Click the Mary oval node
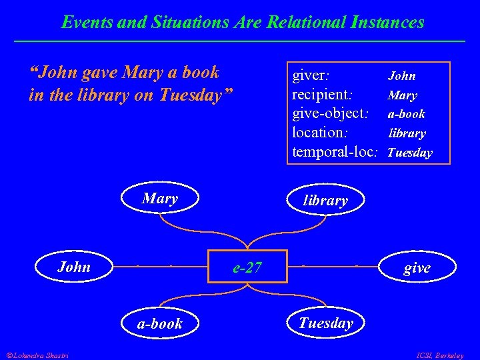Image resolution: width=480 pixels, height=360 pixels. coord(160,199)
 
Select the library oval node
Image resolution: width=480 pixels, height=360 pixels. coord(325,200)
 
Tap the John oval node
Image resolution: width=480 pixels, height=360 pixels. coord(73,267)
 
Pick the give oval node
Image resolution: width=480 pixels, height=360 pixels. coord(417,268)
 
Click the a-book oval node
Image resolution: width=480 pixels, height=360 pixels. coord(160,324)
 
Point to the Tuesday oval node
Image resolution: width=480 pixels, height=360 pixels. coord(325,323)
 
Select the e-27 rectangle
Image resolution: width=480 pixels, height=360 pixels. coord(247,268)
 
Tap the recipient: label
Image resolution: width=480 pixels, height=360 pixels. coord(322,94)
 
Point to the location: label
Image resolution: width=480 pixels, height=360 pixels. coord(322,133)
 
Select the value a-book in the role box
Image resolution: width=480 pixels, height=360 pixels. coord(407,114)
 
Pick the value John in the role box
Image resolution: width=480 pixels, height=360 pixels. coord(402,76)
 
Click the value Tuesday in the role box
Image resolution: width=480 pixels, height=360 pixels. coord(409,153)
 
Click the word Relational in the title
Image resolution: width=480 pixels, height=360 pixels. coord(303,22)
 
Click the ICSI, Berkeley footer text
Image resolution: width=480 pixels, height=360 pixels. coord(439,355)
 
